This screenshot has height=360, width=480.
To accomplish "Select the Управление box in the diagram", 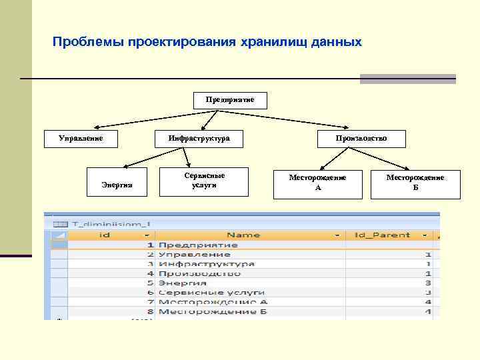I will (81, 138).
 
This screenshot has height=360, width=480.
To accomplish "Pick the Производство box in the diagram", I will (361, 138).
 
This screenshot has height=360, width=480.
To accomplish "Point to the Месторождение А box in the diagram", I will (317, 183).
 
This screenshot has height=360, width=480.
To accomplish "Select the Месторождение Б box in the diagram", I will (415, 183).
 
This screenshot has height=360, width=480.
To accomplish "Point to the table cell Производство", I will (199, 273).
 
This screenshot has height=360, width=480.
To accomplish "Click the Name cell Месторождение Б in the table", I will (213, 311).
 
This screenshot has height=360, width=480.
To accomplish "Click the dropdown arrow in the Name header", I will (339, 235).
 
